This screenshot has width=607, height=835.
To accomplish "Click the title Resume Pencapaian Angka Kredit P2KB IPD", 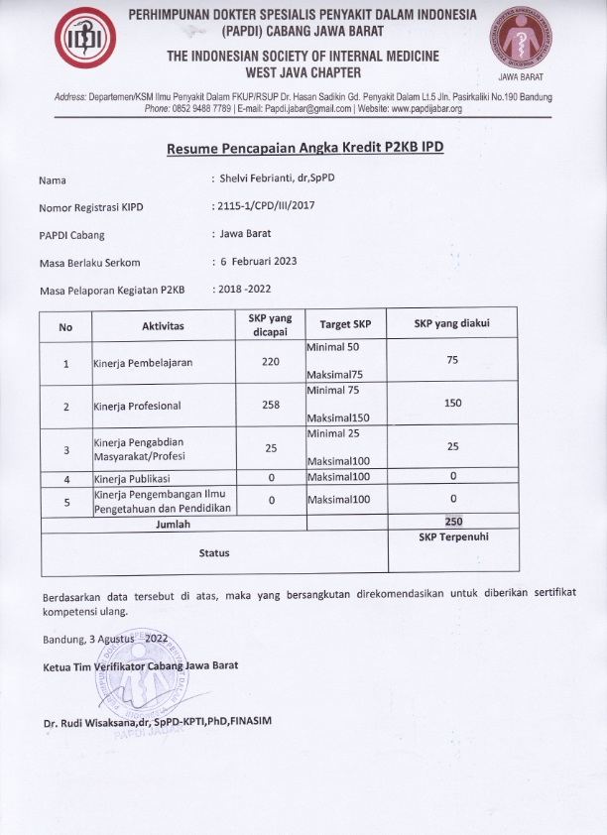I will pos(304,148).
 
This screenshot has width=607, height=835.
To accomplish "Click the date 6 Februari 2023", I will pos(259,261).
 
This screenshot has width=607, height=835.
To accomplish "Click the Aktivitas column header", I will pos(164,326).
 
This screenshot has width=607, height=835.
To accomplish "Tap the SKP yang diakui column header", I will pos(451,324).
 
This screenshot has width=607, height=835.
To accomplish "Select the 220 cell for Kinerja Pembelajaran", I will pos(271,362).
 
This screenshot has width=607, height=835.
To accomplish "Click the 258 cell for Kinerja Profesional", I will pos(271,405).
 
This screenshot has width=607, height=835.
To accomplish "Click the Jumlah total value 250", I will pos(452,521).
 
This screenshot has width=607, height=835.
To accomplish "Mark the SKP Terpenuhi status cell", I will pos(452,537).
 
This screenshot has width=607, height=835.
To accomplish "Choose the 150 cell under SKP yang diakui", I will pos(452,404).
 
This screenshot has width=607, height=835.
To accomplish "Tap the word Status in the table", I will pos(213,551).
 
